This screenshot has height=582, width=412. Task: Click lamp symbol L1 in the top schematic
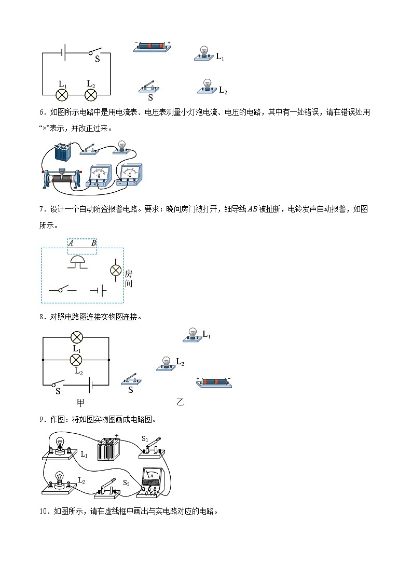coord(62,94)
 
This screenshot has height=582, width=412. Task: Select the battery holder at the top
coord(152,46)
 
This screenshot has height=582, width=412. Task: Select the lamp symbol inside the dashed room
coord(115,270)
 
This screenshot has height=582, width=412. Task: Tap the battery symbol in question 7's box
coord(99,290)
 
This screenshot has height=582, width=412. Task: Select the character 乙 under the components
coord(180,402)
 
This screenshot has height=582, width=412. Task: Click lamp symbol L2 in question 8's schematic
coord(76,360)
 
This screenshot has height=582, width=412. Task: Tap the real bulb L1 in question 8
coord(193,335)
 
